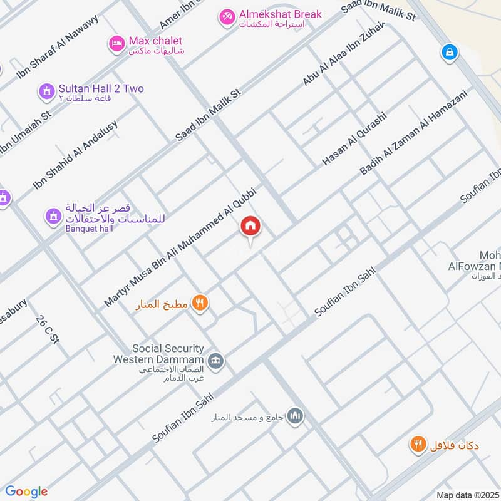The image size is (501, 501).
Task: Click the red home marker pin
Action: pyautogui.click(x=250, y=227)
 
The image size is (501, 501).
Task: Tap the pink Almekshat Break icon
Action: pyautogui.click(x=227, y=16)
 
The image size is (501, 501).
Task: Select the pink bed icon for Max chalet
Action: pyautogui.click(x=116, y=44)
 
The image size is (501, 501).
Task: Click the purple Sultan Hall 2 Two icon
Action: pyautogui.click(x=46, y=91)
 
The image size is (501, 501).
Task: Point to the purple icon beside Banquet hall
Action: pyautogui.click(x=53, y=217)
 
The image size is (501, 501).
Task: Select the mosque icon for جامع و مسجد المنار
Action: pyautogui.click(x=295, y=416)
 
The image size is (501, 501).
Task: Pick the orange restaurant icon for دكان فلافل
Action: pyautogui.click(x=417, y=445)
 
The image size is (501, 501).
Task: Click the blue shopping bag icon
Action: pyautogui.click(x=449, y=53)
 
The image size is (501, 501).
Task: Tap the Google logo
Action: pyautogui.click(x=26, y=492)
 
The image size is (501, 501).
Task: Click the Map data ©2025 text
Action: pyautogui.click(x=468, y=495)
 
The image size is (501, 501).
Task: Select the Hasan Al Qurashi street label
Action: pyautogui.click(x=354, y=139)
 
